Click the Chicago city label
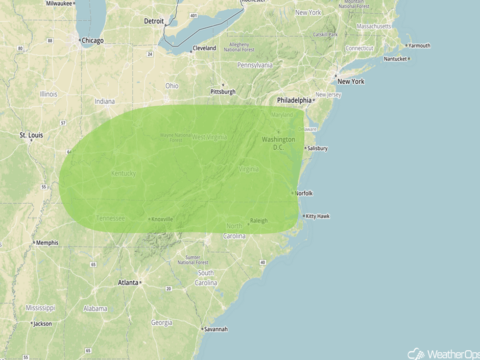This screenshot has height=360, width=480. pyautogui.click(x=93, y=40)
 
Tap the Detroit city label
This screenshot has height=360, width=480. pyautogui.click(x=154, y=21)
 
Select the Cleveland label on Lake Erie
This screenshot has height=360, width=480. pyautogui.click(x=204, y=49)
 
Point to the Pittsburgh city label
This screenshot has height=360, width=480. pyautogui.click(x=223, y=92)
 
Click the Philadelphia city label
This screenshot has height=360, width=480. pyautogui.click(x=294, y=100)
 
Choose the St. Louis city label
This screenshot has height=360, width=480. pyautogui.click(x=31, y=135)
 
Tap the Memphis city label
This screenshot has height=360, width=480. pyautogui.click(x=47, y=243)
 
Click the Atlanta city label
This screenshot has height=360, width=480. pyautogui.click(x=128, y=282)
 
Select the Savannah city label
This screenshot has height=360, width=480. pyautogui.click(x=215, y=329)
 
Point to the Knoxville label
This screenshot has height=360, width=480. pyautogui.click(x=162, y=220)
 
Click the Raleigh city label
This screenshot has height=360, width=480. pyautogui.click(x=258, y=221)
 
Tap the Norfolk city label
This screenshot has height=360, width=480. pyautogui.click(x=304, y=194)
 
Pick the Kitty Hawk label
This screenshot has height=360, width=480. pyautogui.click(x=318, y=217)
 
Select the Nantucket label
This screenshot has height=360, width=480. pyautogui.click(x=396, y=59)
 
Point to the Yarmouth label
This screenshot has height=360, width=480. pyautogui.click(x=419, y=45)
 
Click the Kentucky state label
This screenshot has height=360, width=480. pyautogui.click(x=124, y=174)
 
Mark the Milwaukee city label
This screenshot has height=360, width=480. pyautogui.click(x=59, y=3)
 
